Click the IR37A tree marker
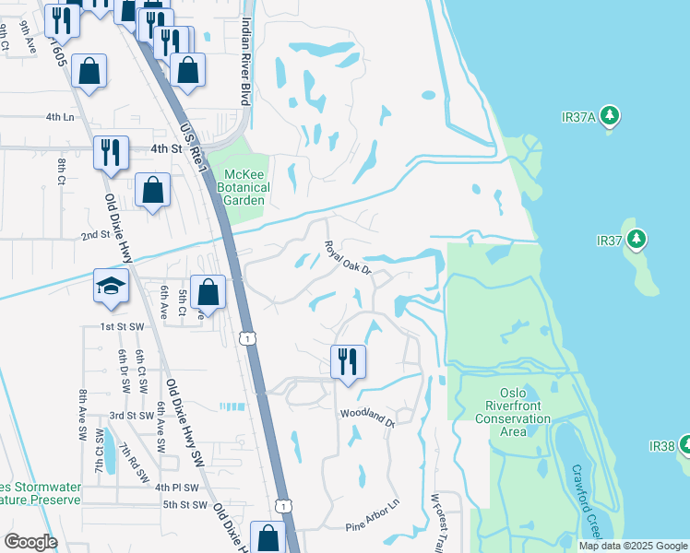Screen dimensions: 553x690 click(x=609, y=116)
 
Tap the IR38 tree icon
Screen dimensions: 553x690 click(x=685, y=445)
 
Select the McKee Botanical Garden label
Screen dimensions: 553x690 click(x=235, y=188)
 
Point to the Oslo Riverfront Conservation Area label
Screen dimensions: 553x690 click(x=513, y=412)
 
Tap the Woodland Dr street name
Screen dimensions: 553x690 click(x=367, y=418)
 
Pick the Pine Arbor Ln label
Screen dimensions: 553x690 click(x=373, y=524)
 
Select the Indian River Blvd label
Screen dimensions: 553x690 click(x=245, y=60)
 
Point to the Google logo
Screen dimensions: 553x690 click(x=30, y=542)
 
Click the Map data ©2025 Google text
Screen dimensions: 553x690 click(x=633, y=546)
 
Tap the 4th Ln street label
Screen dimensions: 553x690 click(x=59, y=118)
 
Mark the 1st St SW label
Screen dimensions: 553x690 click(x=123, y=327)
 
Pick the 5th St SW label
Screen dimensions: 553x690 click(x=185, y=504)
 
